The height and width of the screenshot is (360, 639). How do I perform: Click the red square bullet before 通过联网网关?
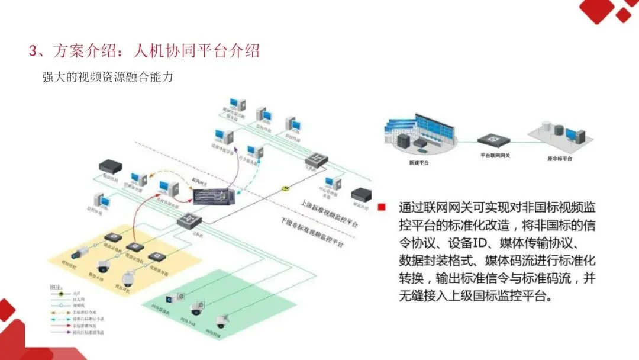382,207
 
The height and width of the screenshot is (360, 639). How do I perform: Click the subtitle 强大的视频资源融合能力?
107,77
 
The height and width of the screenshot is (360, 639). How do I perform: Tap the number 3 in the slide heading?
33,51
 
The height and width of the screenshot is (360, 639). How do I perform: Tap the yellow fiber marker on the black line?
286,187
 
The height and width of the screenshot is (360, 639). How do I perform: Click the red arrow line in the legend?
57,326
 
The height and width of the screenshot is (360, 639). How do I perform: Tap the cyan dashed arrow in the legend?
57,318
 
